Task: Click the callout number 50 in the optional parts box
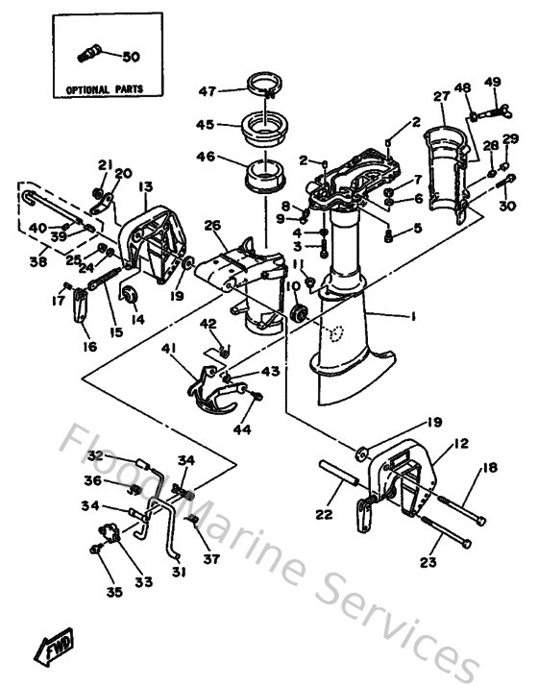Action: coord(131,58)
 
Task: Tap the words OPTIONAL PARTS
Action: coord(104,88)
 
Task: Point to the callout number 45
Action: coord(205,124)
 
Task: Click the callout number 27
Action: coord(441,96)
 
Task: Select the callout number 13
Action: coord(146,186)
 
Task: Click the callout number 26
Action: coord(213,226)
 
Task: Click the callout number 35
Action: coord(114,593)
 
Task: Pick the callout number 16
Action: coord(89,346)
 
